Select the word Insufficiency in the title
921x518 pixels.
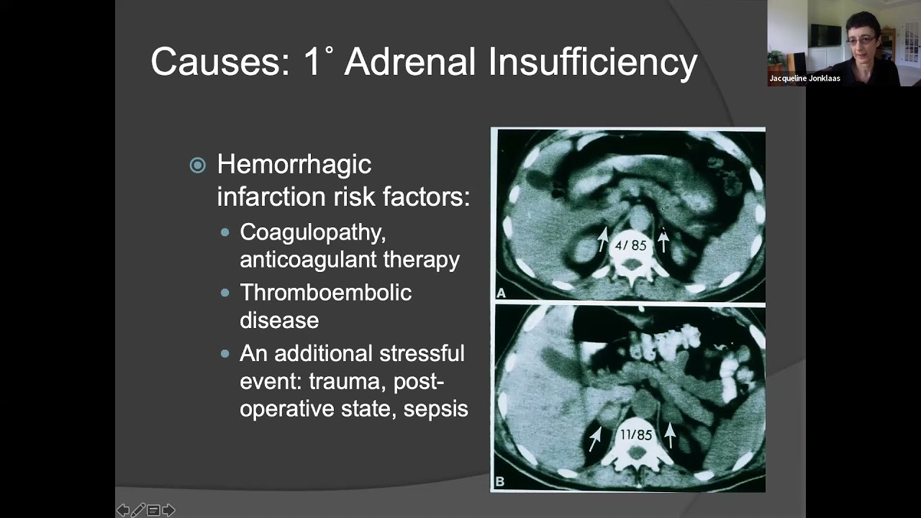point(593,62)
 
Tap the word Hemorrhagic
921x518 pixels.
point(294,165)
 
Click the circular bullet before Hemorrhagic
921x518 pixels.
point(197,165)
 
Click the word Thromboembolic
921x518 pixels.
point(325,293)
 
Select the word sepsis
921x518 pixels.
point(435,409)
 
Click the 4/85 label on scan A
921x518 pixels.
point(630,245)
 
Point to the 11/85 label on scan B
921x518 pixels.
point(635,435)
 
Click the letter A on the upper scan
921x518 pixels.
point(502,293)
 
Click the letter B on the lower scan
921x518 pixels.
point(501,481)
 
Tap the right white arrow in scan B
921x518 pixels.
point(670,435)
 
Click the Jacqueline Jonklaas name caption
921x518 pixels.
point(804,78)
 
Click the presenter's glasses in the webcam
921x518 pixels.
point(862,40)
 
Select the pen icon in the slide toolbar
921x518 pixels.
point(138,510)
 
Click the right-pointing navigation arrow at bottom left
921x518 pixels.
point(168,510)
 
